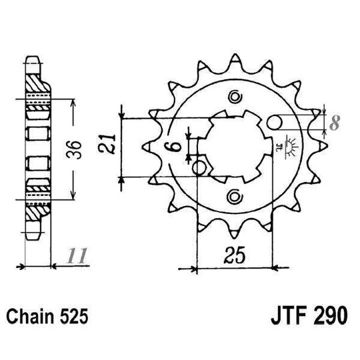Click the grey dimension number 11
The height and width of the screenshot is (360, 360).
point(78,255)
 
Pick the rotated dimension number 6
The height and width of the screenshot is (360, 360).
point(170,149)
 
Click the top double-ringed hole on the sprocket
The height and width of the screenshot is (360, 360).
point(233,99)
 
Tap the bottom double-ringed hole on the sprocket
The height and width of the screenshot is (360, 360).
point(233,195)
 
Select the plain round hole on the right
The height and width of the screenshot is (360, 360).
point(274,122)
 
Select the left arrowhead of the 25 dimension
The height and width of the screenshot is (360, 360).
point(194,270)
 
